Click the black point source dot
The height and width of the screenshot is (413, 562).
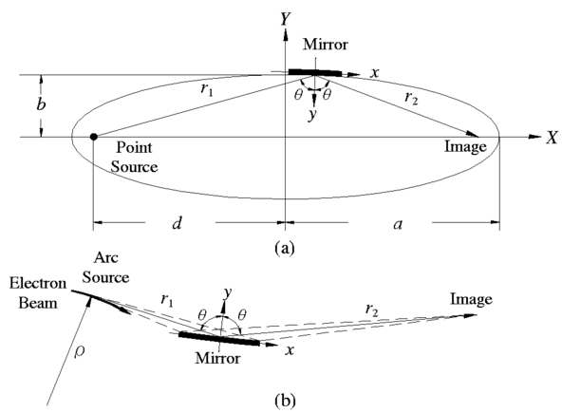point(94,137)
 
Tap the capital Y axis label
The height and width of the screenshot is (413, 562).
point(286,19)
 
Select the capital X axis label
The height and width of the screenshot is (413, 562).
point(553,137)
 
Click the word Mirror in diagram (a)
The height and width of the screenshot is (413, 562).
point(325,45)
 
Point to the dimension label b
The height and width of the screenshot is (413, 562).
point(41,104)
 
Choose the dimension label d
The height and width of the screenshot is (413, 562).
point(178,223)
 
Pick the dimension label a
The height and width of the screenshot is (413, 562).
point(398,224)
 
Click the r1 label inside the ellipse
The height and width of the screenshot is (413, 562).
point(207,88)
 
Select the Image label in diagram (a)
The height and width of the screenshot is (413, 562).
point(465,146)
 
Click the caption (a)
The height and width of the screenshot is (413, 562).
point(285,248)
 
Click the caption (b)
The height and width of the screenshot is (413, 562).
point(286,399)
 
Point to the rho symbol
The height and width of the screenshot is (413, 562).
point(79,351)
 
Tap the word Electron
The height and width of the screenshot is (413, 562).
point(38,283)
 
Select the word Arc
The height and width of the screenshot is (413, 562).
point(105,257)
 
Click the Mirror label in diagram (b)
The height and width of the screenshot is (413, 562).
point(217,358)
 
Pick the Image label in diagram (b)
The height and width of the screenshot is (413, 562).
point(471,300)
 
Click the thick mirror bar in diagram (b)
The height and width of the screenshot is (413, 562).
point(219,338)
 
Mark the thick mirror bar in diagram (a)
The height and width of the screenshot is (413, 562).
point(315,72)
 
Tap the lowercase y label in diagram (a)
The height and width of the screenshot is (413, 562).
point(312,115)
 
